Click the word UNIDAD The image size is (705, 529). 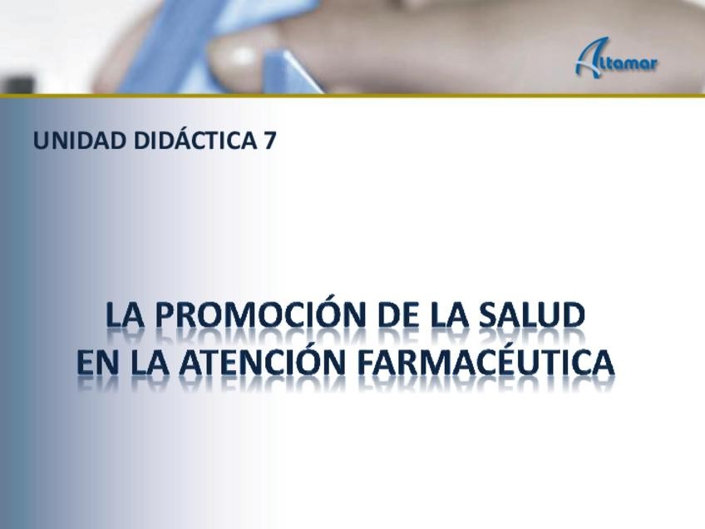pyautogui.click(x=80, y=141)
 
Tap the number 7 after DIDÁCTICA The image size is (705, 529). pyautogui.click(x=269, y=141)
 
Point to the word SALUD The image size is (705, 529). pyautogui.click(x=531, y=315)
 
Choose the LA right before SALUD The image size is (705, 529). pyautogui.click(x=446, y=315)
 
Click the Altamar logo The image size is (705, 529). pyautogui.click(x=616, y=57)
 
